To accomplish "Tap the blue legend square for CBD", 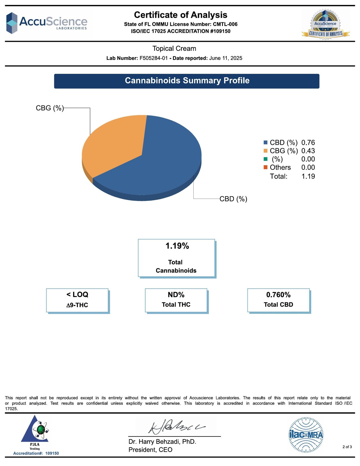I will click(x=265, y=143).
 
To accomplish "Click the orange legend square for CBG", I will click(x=265, y=151).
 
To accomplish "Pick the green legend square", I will click(x=265, y=159).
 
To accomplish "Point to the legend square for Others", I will click(x=265, y=167).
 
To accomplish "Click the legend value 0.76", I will click(x=308, y=143).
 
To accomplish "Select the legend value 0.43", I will click(x=308, y=151).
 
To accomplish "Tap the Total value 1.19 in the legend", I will click(x=308, y=176).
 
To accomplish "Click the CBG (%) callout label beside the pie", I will click(x=50, y=108).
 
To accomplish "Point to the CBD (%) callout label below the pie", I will click(x=233, y=199).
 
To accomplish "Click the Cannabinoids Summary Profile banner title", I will click(x=187, y=81).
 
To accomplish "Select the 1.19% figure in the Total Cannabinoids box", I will click(x=177, y=246).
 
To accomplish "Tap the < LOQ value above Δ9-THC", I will click(x=77, y=294).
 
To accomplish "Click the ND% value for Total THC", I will click(x=176, y=295).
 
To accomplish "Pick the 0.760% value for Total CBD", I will click(x=278, y=295).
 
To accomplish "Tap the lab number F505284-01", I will click(x=154, y=58).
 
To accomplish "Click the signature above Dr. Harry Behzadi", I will click(x=176, y=427).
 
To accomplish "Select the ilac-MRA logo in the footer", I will click(x=306, y=435).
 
